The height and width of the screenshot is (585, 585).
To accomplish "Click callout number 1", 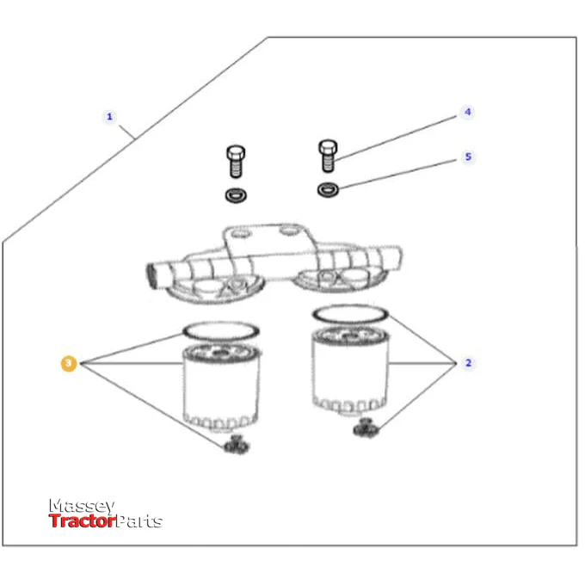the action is tap(109, 117).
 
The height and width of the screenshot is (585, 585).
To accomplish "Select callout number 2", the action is tap(468, 363).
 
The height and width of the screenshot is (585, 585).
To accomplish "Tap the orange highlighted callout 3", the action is tap(69, 363).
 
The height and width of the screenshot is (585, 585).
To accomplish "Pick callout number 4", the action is tap(467, 112).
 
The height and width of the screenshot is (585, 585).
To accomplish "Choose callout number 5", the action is tap(468, 157).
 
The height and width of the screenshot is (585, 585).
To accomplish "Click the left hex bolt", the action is tap(236, 161).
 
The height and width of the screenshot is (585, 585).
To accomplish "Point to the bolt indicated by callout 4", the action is tap(328, 156).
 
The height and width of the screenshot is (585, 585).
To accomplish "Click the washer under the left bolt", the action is tap(236, 194).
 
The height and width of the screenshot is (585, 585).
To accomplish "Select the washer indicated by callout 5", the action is tap(328, 189).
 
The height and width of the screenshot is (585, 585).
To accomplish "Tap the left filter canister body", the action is tap(221, 388).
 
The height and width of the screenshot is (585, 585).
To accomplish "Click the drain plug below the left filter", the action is tap(237, 444).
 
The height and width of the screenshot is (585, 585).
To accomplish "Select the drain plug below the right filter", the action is tap(366, 428).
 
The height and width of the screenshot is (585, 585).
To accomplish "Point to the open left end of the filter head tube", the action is tap(151, 275).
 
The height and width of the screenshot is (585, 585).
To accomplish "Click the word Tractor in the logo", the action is tap(83, 520).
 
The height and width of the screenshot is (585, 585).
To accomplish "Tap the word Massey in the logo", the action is tap(82, 506).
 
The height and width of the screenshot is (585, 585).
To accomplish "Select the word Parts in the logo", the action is tap(139, 521).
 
